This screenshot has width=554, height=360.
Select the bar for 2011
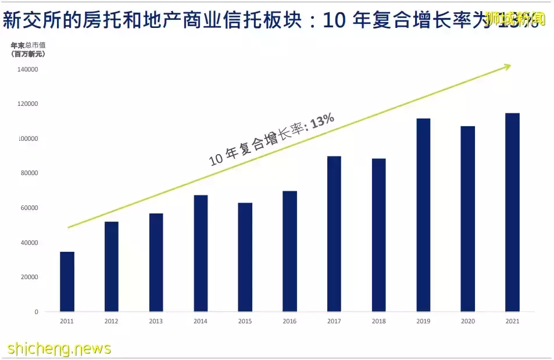(67, 281)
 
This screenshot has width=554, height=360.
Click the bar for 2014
(201, 253)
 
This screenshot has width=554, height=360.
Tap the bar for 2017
(334, 234)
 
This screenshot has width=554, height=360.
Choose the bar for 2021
(512, 212)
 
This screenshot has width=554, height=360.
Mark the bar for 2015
(245, 257)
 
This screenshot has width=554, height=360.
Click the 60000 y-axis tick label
(28, 208)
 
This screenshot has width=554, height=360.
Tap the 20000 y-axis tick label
(28, 277)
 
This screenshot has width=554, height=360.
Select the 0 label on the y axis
(36, 312)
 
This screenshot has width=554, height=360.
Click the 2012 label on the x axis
(112, 321)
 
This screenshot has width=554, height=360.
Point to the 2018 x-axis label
(378, 321)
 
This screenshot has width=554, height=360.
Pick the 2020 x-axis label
(467, 321)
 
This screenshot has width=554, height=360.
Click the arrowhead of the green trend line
(506, 67)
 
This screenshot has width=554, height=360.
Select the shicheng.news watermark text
(59, 348)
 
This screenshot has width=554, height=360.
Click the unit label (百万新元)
(28, 54)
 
